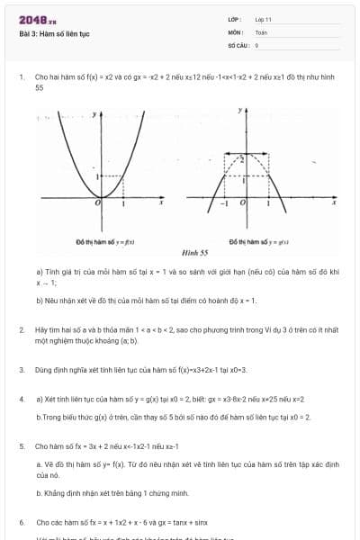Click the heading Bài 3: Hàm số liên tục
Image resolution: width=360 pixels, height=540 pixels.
point(54,34)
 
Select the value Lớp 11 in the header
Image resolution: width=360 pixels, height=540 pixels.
point(262,19)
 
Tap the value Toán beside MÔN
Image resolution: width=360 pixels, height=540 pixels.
point(260,31)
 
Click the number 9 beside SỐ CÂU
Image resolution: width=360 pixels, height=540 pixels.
point(256,44)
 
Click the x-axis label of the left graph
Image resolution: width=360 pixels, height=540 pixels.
point(161,204)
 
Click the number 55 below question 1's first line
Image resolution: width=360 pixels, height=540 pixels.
point(40,88)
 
